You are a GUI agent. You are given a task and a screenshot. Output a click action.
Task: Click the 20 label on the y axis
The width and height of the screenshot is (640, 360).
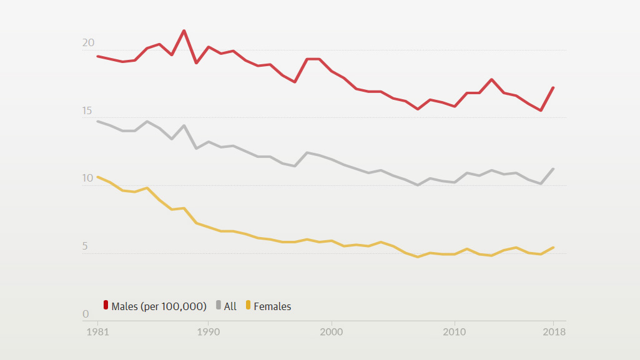tap(88, 43)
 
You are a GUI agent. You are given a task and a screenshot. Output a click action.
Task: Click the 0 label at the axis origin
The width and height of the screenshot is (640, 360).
tap(86, 314)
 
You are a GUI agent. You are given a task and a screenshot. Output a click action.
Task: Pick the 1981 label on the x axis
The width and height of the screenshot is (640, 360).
tap(97, 332)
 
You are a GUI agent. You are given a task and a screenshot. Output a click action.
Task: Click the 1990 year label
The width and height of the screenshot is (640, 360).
tap(208, 332)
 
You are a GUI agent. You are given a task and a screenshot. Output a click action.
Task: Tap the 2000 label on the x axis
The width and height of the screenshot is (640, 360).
tap(331, 332)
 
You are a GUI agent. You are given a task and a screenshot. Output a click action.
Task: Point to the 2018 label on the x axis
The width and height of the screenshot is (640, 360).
tap(553, 332)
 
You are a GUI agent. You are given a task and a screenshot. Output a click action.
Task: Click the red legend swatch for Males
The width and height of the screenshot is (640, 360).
tap(106, 305)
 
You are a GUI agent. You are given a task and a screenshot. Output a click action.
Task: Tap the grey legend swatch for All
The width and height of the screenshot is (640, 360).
tap(219, 305)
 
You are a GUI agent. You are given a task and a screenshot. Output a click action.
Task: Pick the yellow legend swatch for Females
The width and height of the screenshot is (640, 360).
tap(248, 305)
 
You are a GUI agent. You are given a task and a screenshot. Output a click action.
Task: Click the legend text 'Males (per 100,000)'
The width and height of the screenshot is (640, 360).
tap(159, 306)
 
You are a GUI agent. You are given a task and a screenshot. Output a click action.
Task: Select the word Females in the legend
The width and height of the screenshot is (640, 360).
tap(272, 306)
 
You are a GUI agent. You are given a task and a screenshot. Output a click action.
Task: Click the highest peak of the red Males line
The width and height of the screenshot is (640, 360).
tap(184, 31)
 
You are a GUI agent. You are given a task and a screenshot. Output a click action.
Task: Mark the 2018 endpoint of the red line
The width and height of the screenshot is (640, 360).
tap(553, 88)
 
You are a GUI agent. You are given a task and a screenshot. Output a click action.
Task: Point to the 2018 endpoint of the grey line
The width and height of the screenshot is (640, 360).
tap(553, 169)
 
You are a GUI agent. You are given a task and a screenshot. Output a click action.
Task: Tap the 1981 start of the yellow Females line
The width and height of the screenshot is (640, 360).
tap(98, 177)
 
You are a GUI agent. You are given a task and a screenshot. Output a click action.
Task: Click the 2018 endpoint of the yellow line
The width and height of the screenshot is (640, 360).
tap(553, 248)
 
